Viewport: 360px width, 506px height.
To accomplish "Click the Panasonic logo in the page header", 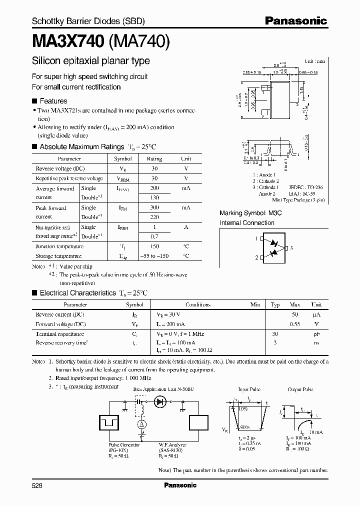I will pyautogui.click(x=295, y=21).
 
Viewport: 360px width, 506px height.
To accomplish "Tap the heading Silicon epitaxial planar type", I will pyautogui.click(x=90, y=61).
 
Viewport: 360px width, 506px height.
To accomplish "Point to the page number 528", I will pyautogui.click(x=37, y=485).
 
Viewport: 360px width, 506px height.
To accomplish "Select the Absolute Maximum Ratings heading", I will pyautogui.click(x=81, y=147).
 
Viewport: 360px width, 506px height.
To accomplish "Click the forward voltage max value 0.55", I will pyautogui.click(x=294, y=324).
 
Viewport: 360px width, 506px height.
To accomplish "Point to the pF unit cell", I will pyautogui.click(x=316, y=333).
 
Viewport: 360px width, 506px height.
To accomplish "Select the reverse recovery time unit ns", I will pyautogui.click(x=316, y=342).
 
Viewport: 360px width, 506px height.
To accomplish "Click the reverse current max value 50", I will pyautogui.click(x=294, y=315).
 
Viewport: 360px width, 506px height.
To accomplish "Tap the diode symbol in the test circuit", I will pyautogui.click(x=160, y=401).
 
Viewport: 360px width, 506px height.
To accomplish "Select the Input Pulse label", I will pyautogui.click(x=249, y=388).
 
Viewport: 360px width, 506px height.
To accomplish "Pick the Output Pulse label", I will pyautogui.click(x=300, y=388).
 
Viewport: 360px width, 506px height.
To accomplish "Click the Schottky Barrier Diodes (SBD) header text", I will pyautogui.click(x=88, y=21).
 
